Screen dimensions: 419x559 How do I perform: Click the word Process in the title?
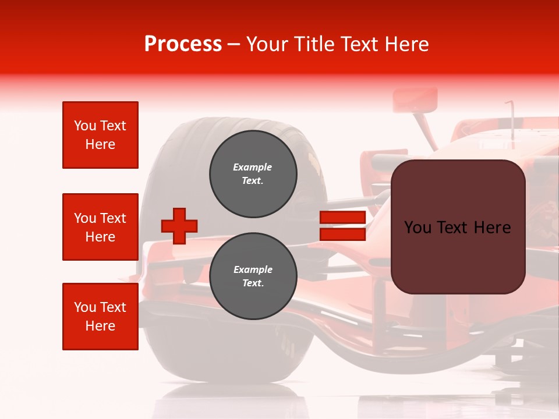[183, 44]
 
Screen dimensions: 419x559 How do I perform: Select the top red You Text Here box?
[100, 135]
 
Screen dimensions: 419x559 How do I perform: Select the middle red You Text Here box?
[100, 227]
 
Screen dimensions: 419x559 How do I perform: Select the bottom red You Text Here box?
[100, 317]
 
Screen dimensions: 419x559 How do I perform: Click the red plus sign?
[179, 226]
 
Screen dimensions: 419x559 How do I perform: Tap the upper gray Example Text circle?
[253, 174]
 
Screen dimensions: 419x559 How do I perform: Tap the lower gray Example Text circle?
[253, 276]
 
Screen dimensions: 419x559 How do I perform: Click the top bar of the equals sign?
[342, 218]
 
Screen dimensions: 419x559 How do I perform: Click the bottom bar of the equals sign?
[342, 235]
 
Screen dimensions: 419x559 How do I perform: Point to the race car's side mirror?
[415, 101]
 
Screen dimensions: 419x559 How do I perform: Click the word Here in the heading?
[407, 44]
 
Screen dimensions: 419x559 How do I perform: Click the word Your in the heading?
[266, 44]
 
